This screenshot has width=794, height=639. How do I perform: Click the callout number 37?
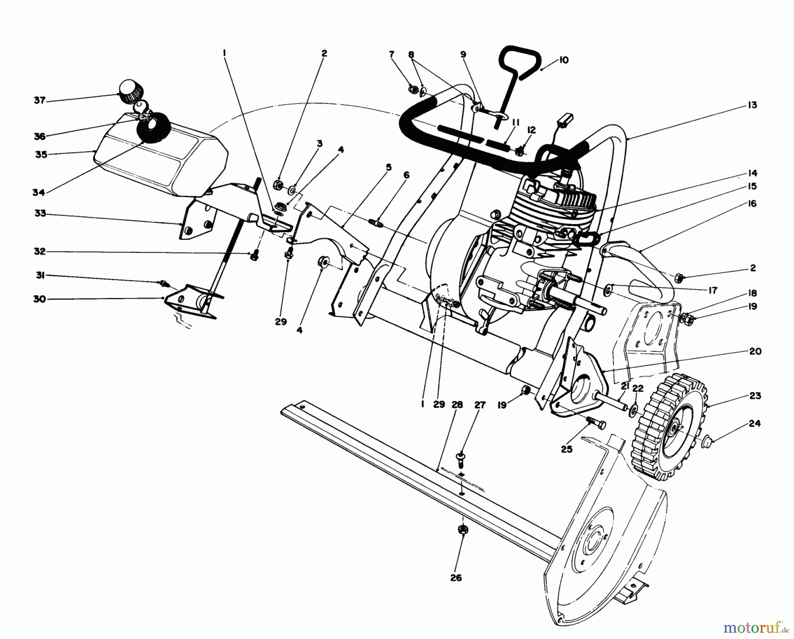pyautogui.click(x=39, y=101)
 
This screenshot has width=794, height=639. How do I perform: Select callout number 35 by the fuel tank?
pyautogui.click(x=41, y=155)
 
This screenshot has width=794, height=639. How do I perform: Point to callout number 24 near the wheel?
pyautogui.click(x=755, y=424)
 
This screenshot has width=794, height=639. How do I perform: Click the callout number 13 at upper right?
pyautogui.click(x=752, y=105)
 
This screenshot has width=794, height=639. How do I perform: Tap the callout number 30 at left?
pyautogui.click(x=40, y=299)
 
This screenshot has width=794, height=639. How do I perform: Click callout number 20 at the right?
pyautogui.click(x=755, y=351)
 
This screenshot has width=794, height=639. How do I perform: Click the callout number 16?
pyautogui.click(x=752, y=203)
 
